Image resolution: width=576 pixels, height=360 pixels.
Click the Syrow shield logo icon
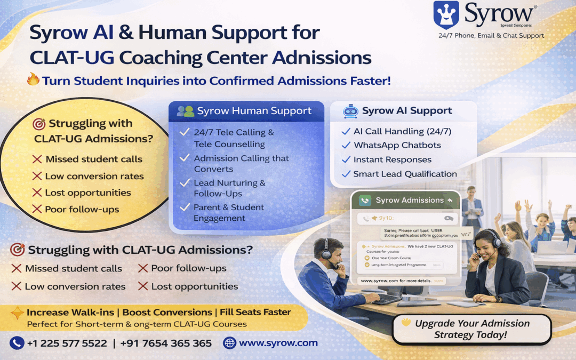coord(446,15)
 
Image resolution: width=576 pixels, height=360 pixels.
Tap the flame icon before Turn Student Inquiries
coord(33,80)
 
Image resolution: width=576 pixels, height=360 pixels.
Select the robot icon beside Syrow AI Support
coord(350,111)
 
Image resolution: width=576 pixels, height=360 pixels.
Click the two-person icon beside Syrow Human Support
coord(186,111)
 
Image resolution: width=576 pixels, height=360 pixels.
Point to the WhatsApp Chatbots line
coord(397,145)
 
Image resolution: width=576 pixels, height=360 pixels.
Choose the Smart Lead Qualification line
coord(405,174)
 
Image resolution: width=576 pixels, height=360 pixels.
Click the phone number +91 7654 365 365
coord(166,343)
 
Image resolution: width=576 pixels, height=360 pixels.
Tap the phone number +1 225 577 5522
coord(67,343)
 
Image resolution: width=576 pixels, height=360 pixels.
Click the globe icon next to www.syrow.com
coord(229,343)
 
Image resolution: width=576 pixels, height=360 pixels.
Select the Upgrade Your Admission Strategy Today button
coord(471,329)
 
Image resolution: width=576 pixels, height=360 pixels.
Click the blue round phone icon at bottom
coord(17,343)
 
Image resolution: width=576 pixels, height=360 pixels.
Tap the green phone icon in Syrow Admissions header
coord(365,201)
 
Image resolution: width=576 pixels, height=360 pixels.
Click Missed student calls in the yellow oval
coord(93,159)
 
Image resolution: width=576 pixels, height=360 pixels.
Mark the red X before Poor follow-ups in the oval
coord(37,209)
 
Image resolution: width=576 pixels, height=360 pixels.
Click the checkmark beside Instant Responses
coord(345,159)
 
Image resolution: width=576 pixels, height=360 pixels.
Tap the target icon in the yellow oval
coord(39,124)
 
